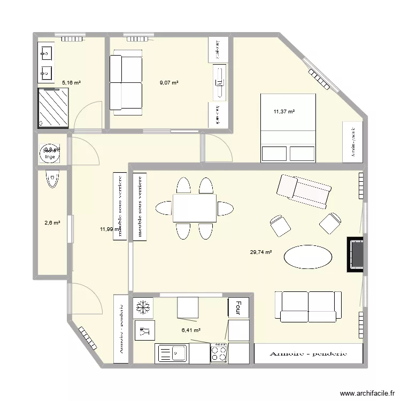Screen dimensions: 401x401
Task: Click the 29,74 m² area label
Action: [261, 252]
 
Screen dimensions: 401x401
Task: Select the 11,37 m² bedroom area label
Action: [284, 112]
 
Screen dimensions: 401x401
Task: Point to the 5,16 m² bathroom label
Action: [71, 83]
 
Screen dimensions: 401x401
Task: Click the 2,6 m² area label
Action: [51, 223]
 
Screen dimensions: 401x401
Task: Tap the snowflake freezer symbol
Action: [143, 307]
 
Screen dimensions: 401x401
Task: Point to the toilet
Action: [52, 179]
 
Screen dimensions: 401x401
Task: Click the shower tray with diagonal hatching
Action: [53, 108]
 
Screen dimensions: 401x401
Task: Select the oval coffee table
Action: [304, 257]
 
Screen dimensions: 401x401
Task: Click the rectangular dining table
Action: [194, 208]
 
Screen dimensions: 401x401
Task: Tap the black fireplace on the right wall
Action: [356, 255]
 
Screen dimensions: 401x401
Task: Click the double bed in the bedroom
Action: [288, 128]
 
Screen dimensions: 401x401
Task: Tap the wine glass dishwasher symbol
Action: [143, 330]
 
